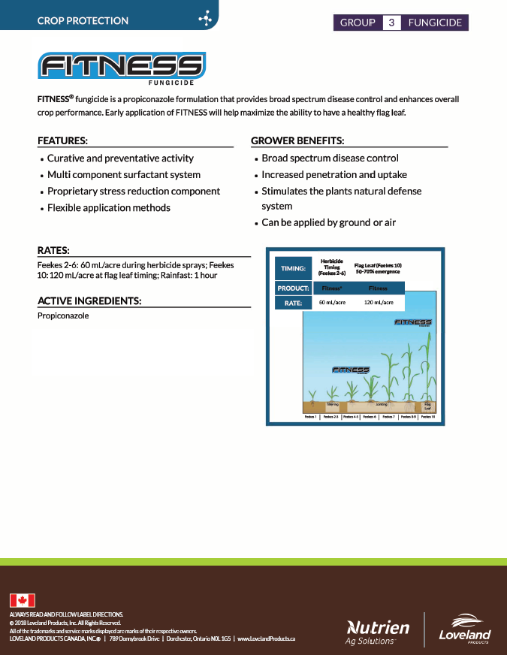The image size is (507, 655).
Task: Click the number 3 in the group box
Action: pos(391,23)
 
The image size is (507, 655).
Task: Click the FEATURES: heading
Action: pos(62,140)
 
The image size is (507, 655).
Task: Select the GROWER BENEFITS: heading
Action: pos(297,140)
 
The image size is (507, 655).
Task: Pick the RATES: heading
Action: pos(53,250)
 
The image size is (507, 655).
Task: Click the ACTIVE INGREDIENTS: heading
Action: pos(89,301)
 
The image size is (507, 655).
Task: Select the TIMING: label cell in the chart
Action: pos(293,268)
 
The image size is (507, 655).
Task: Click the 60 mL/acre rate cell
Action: pos(332,303)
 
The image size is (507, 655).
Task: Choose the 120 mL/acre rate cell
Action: pos(378,303)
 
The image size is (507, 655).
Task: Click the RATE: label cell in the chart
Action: pos(293,303)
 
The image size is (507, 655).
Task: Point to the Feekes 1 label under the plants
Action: pos(310,415)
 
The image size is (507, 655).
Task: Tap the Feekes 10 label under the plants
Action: pos(427,415)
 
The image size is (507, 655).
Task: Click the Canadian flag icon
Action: pos(23,600)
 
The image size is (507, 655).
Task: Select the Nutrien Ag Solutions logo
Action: pos(377,631)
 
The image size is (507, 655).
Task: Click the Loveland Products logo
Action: pos(464,629)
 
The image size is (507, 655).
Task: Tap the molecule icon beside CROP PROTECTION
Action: pos(204,20)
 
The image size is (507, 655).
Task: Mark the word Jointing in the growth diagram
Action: pos(382,404)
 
